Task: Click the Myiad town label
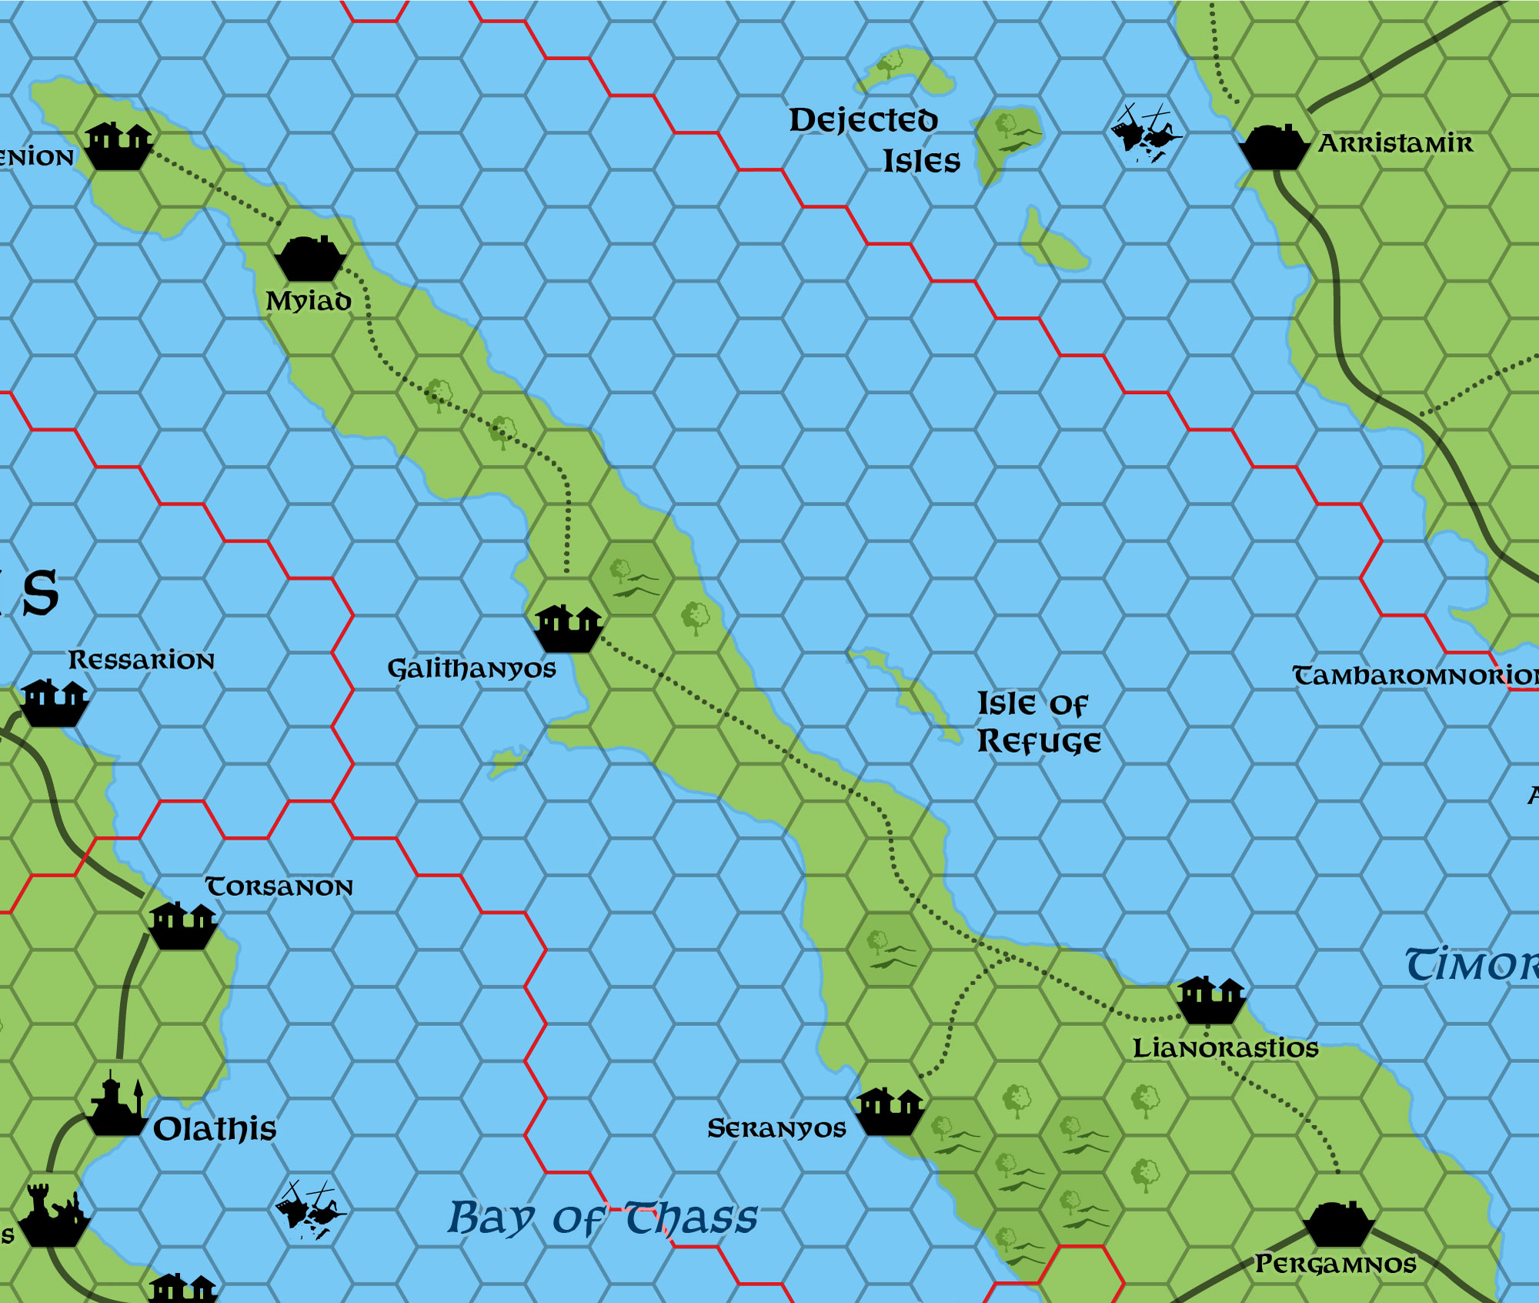308,301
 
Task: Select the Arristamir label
1396,143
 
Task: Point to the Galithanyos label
471,668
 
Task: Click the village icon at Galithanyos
568,628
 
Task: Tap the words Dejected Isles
874,140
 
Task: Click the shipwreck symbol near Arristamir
1145,133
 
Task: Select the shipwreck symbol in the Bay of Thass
310,1209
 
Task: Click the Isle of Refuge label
1037,723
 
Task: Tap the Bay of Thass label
603,1218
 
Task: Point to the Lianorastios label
1225,1047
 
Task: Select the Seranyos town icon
889,1111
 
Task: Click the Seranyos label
776,1128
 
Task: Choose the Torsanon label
279,887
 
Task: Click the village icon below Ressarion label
53,703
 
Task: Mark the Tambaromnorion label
1414,676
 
